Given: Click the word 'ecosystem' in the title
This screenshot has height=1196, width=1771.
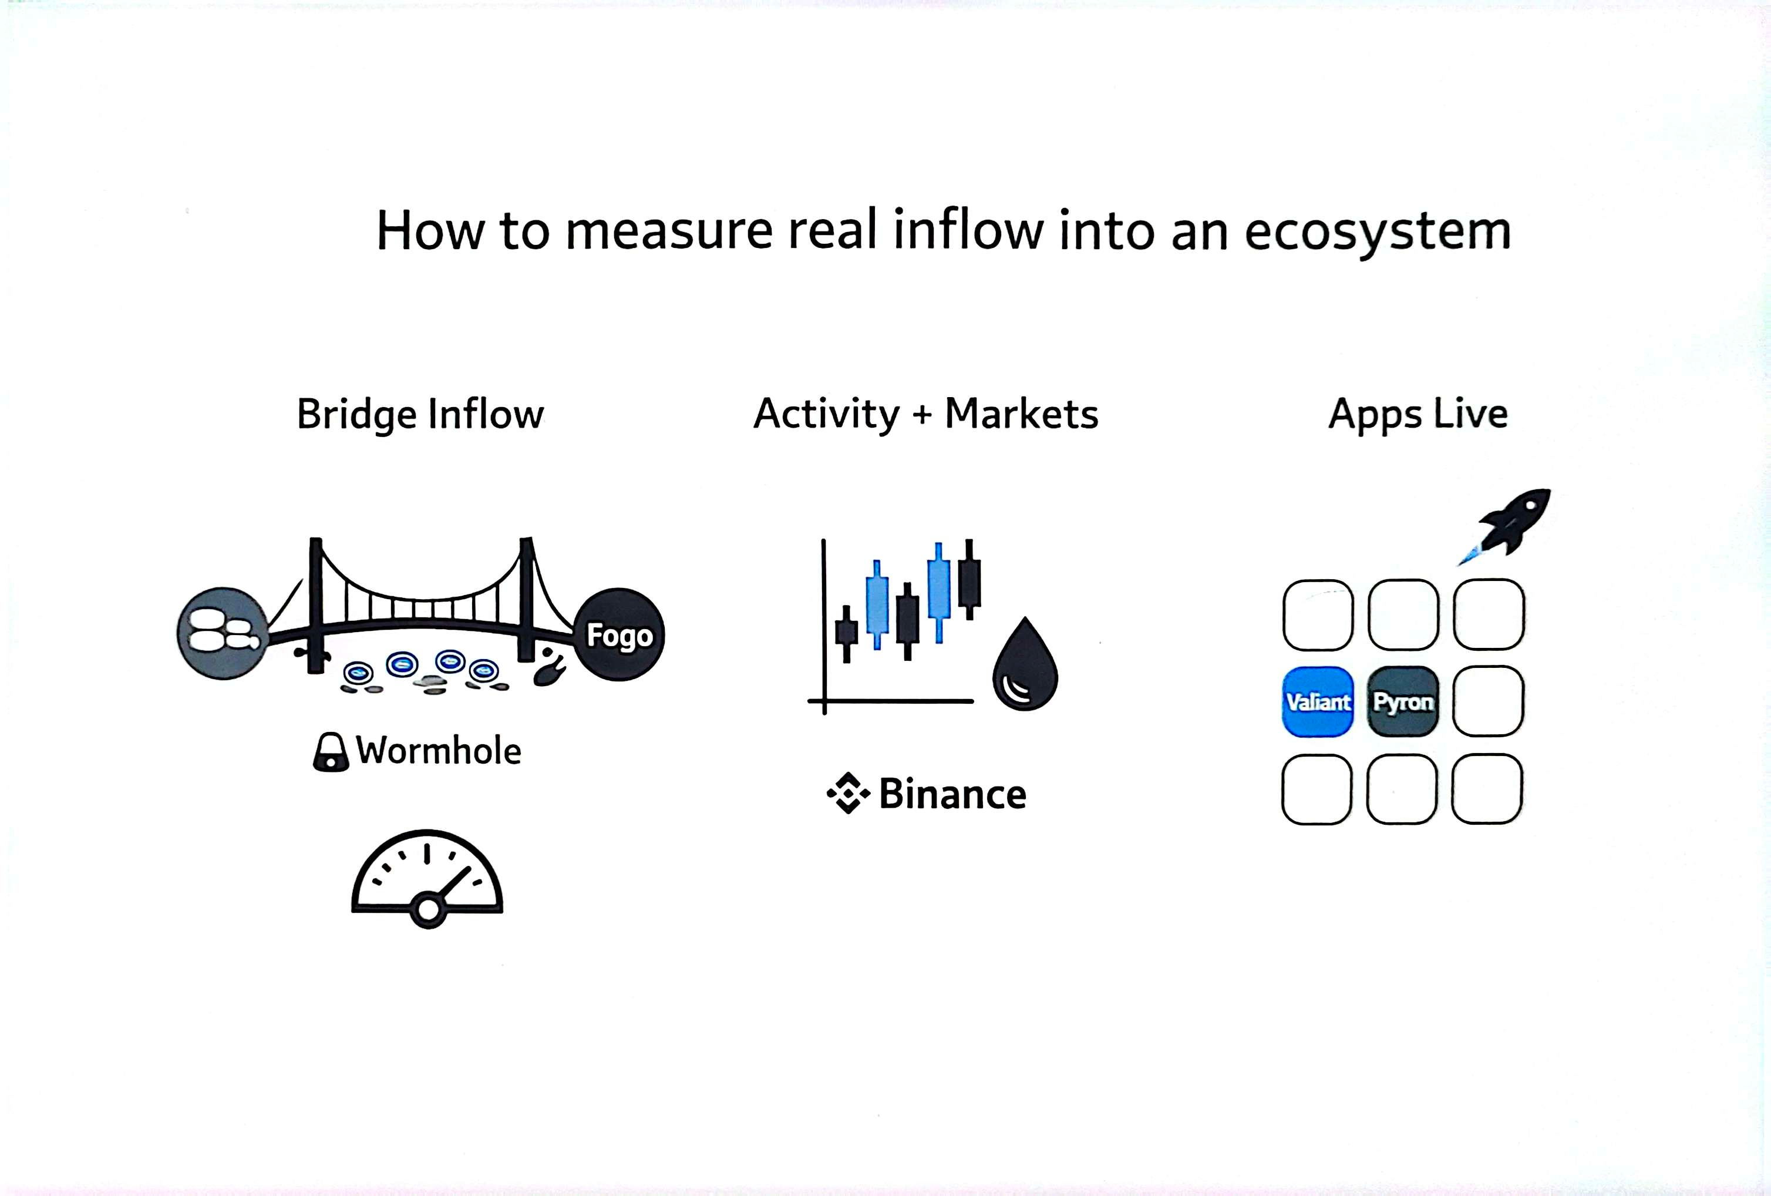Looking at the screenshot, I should click(1377, 231).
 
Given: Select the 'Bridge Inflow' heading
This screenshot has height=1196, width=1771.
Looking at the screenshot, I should click(420, 414).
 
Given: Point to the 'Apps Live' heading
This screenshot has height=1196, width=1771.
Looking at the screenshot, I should click(1418, 414).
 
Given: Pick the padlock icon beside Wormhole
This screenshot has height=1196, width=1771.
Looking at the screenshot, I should click(331, 752).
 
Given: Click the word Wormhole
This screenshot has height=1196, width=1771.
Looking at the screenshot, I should click(439, 751).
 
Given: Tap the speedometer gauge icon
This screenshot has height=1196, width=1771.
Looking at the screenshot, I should click(427, 879).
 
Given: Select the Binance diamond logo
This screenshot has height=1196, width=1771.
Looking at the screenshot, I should click(848, 794).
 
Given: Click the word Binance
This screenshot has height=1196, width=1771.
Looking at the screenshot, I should click(952, 794).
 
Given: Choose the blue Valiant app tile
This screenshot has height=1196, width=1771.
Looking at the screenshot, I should click(1318, 701).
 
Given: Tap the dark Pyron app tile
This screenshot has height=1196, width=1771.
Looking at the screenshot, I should click(1403, 701).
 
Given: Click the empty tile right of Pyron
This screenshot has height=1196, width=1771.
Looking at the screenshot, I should click(1487, 701).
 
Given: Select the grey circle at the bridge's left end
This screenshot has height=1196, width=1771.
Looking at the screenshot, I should click(222, 633).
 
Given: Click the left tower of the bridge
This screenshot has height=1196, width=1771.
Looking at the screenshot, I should click(315, 606).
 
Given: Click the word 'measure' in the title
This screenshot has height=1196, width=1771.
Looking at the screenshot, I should click(668, 231).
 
